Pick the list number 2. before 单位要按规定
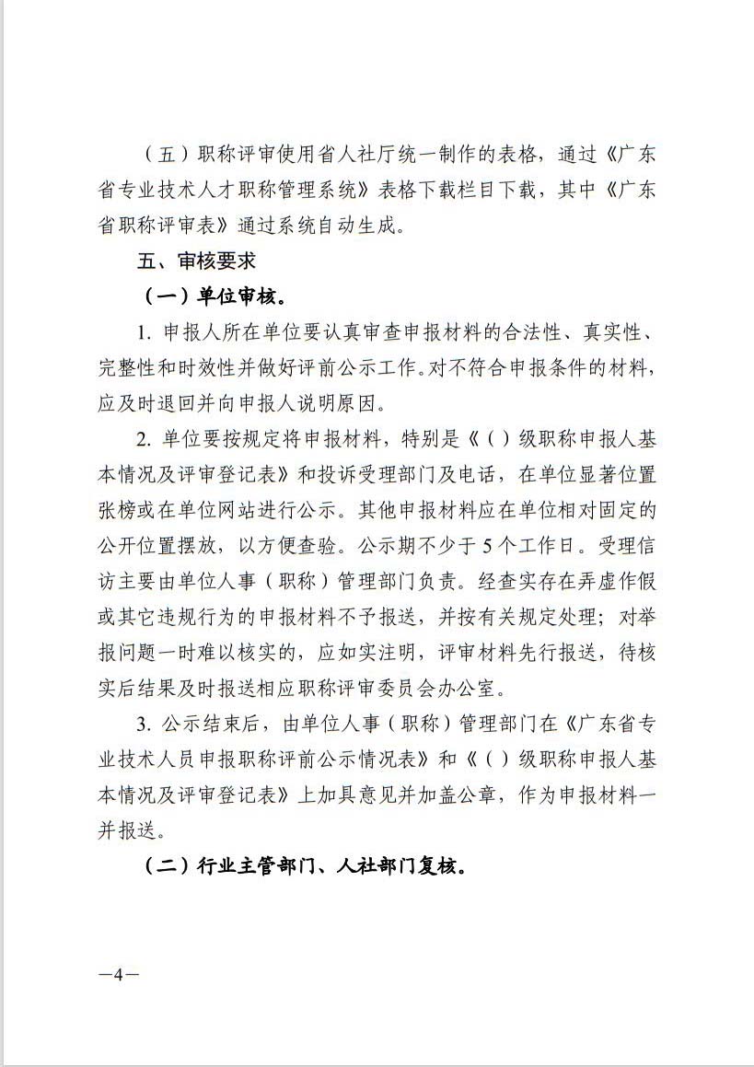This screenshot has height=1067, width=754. [x=145, y=438]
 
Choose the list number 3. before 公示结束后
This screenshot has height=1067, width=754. [x=145, y=723]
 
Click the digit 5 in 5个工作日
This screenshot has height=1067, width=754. [x=490, y=545]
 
